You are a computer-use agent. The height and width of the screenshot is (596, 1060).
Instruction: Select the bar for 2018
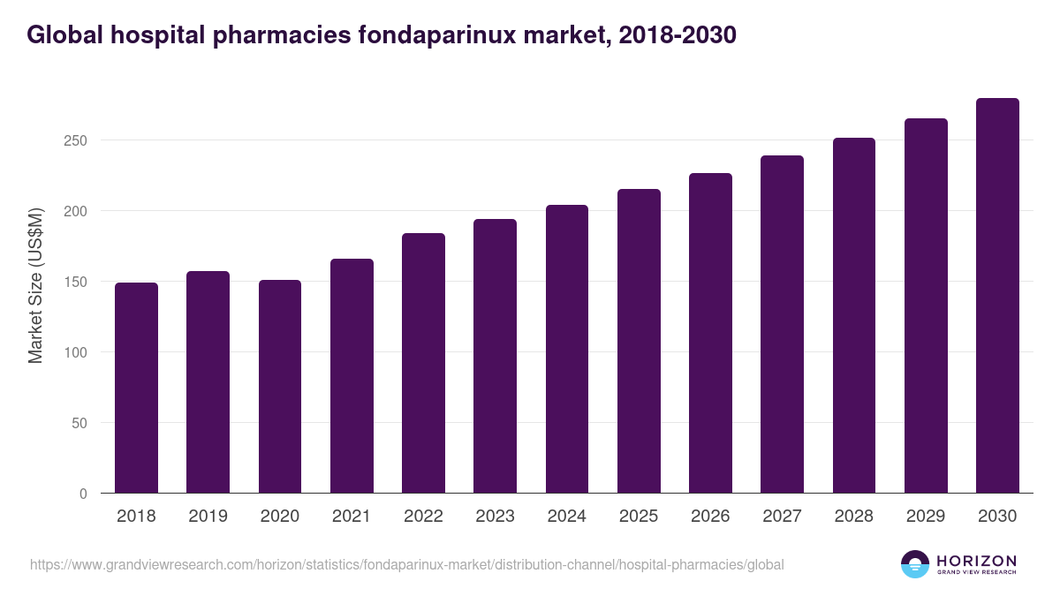click(x=136, y=388)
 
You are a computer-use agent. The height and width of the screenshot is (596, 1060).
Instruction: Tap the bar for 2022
click(x=423, y=363)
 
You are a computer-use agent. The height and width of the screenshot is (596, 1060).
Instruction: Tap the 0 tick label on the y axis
click(x=83, y=494)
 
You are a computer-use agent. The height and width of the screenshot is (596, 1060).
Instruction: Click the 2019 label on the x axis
click(x=208, y=517)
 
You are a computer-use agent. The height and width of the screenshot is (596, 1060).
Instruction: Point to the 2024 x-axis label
click(x=566, y=517)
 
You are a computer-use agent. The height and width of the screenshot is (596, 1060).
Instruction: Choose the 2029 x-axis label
click(x=926, y=517)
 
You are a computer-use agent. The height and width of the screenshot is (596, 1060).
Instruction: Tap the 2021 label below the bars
click(x=352, y=517)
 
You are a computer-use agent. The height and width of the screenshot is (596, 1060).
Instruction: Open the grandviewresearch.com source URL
click(x=406, y=564)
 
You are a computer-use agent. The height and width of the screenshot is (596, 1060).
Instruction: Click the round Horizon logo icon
click(x=915, y=564)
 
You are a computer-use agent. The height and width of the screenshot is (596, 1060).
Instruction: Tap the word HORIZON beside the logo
click(x=976, y=560)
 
